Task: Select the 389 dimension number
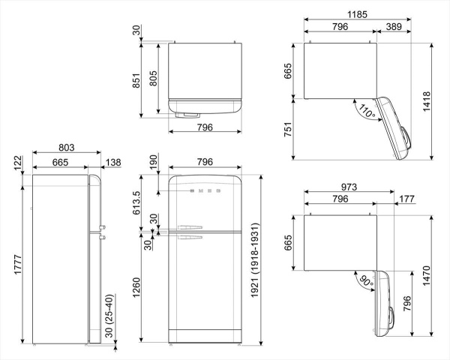tap(391, 27)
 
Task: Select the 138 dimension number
tap(113, 161)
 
